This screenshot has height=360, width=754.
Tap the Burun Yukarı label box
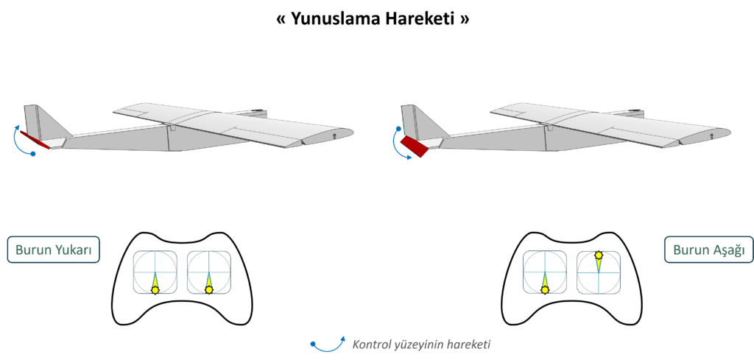point(53,249)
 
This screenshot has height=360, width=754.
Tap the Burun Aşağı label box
point(708,249)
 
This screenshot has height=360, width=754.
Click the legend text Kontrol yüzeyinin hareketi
point(421,345)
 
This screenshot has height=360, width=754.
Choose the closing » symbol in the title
point(464,20)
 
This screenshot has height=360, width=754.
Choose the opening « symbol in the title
point(282,20)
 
